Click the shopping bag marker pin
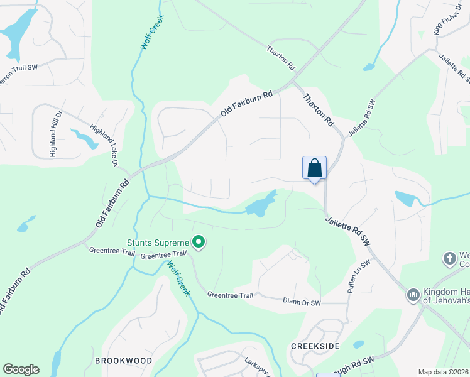pos(314,168)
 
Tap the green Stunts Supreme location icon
pos(199,242)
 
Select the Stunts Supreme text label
pos(158,243)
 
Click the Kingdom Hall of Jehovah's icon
pos(413,294)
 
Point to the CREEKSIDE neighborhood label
pos(315,347)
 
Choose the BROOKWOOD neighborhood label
pos(123,361)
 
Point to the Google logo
pos(20,369)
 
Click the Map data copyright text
pos(444,372)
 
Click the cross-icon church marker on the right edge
pos(449,258)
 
